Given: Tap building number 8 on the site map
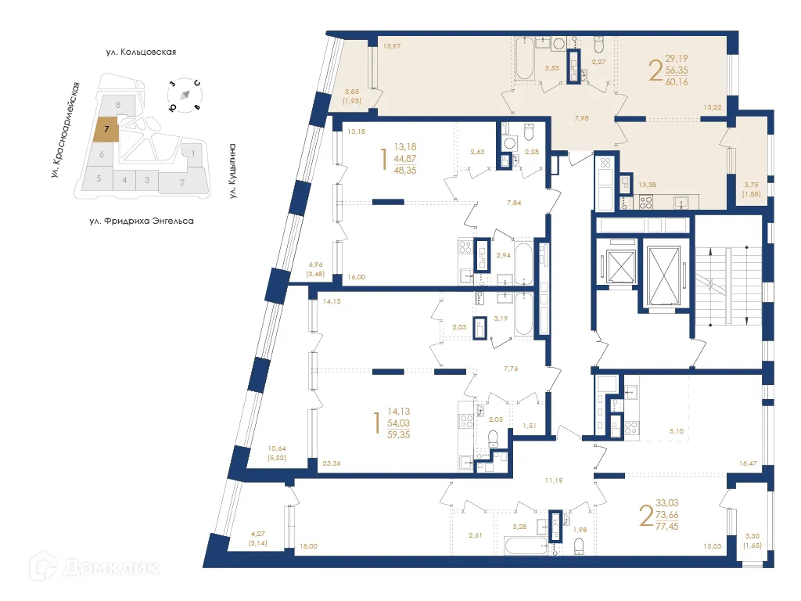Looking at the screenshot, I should click(x=118, y=104).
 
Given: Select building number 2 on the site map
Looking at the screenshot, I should click(x=182, y=183).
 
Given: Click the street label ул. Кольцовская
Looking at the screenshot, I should click(x=142, y=52).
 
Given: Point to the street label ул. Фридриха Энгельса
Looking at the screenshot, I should click(x=141, y=221).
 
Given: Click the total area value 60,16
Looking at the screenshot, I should click(x=677, y=81).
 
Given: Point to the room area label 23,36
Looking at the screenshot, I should click(x=332, y=462).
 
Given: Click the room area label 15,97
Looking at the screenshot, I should click(x=393, y=46).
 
